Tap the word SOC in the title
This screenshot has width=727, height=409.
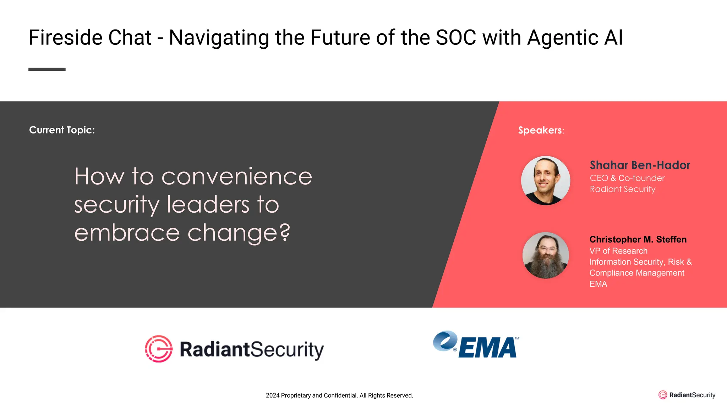456,38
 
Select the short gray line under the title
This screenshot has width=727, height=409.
47,69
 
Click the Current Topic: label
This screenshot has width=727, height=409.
62,130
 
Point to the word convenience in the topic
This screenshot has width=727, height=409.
237,176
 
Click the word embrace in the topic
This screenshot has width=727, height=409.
127,233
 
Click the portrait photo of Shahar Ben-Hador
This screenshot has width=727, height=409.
546,180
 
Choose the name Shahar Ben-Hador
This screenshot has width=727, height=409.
640,165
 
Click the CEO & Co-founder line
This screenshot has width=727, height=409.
627,178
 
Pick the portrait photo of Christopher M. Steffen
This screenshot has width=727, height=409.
546,255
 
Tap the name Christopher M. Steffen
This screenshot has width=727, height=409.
638,239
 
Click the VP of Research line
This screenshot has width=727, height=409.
618,251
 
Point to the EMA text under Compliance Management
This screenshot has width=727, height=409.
598,284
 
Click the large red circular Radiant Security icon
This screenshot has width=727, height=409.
159,349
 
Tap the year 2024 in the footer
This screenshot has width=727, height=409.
272,396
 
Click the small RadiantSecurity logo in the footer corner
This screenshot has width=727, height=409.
687,395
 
